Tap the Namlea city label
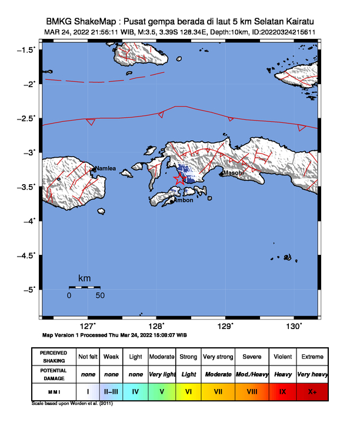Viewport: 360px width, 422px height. [x=106, y=169]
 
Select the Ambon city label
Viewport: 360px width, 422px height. [x=183, y=200]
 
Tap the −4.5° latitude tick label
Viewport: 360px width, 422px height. [x=26, y=255]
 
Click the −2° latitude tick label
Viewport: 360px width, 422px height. [x=28, y=84]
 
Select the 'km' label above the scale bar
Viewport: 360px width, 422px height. [x=84, y=278]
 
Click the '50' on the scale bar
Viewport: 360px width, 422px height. [x=100, y=295]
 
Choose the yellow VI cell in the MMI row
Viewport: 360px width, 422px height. [x=189, y=391]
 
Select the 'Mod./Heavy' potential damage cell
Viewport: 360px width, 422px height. [x=252, y=374]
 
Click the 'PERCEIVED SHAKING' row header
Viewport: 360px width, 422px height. [x=54, y=357]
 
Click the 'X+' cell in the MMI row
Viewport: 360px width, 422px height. [x=312, y=391]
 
